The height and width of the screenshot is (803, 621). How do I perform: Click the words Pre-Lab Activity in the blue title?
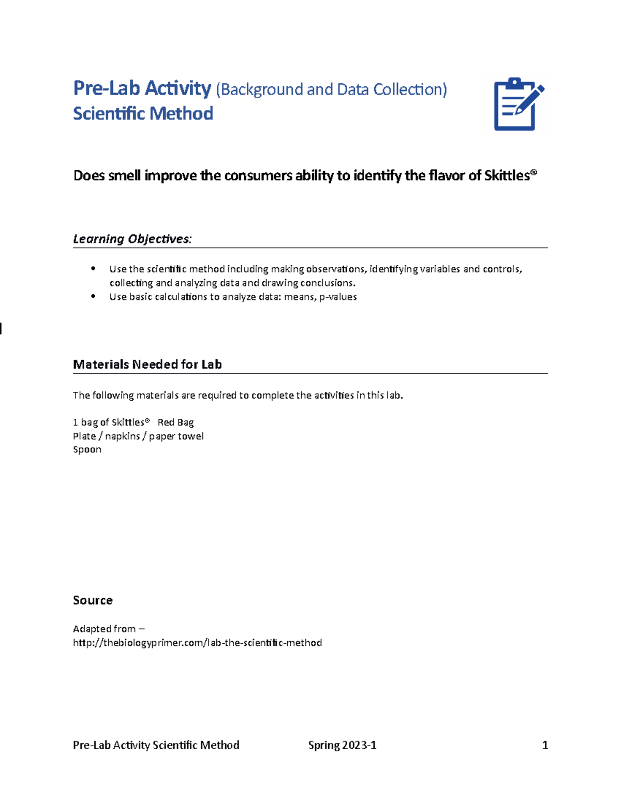[x=142, y=88]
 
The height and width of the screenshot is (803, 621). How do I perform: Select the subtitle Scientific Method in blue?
[x=143, y=113]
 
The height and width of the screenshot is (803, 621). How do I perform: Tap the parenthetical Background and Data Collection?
[x=331, y=89]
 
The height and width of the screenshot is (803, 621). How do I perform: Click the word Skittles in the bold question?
[x=507, y=176]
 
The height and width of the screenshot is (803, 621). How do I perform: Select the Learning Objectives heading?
[x=132, y=239]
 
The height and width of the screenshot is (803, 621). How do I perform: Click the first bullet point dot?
[x=93, y=268]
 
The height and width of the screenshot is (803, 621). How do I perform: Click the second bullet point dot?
[x=93, y=296]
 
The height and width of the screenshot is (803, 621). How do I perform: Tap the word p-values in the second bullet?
[x=338, y=297]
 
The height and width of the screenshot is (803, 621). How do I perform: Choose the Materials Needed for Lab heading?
[x=147, y=365]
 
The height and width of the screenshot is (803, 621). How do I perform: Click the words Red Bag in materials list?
[x=175, y=422]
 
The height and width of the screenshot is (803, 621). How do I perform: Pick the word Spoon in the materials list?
[x=87, y=449]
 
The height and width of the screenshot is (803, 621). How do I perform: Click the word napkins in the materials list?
[x=123, y=436]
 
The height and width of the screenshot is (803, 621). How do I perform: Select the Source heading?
[x=93, y=600]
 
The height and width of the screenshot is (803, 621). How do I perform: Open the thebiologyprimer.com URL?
[x=197, y=643]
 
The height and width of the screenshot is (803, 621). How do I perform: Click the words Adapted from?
[x=104, y=629]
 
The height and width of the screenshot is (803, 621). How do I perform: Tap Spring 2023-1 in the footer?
[x=342, y=745]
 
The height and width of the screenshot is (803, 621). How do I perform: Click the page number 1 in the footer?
[x=544, y=745]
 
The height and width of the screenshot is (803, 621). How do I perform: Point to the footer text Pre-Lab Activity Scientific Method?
[x=156, y=745]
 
